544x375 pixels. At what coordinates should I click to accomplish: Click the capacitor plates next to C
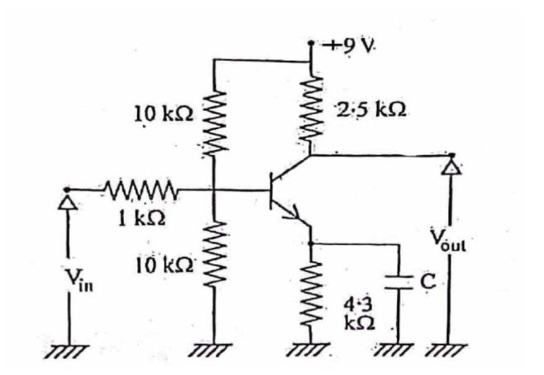(399, 283)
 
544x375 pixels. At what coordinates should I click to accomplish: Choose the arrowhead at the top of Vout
(451, 167)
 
